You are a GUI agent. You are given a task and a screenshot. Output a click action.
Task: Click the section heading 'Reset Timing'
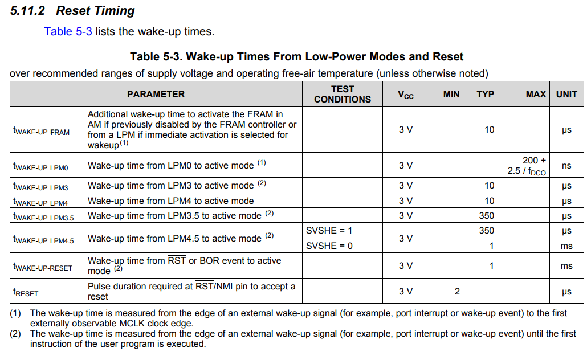(95, 10)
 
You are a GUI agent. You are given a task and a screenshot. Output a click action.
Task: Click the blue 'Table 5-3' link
(68, 31)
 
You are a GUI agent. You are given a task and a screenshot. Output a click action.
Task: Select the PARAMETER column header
(156, 94)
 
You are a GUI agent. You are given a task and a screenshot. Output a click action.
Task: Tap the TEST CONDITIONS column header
(342, 94)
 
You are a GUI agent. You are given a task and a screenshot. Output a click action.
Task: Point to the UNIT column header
(566, 94)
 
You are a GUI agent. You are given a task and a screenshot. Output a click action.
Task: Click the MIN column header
(451, 94)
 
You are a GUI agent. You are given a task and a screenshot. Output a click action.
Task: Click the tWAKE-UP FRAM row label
(41, 132)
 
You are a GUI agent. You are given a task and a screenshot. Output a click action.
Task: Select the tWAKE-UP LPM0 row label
(40, 167)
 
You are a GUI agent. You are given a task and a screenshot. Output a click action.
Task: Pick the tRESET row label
(26, 293)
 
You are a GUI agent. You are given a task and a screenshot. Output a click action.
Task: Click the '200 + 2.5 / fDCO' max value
(527, 166)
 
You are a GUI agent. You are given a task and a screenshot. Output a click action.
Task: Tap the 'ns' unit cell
(566, 166)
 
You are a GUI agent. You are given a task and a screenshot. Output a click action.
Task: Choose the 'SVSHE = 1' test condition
(329, 231)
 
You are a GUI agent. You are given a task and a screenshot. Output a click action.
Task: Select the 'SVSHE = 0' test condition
(329, 246)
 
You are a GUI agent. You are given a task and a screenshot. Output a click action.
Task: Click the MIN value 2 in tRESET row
(456, 292)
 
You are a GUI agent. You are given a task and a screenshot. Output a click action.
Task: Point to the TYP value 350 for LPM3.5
(487, 216)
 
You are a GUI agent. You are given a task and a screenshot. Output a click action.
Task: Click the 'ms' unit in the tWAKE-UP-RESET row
(566, 266)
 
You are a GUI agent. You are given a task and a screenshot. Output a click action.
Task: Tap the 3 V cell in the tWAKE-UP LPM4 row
(405, 201)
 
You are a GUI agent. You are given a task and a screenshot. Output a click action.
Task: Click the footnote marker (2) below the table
(15, 334)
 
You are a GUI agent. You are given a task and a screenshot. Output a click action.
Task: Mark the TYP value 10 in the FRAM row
(489, 130)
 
